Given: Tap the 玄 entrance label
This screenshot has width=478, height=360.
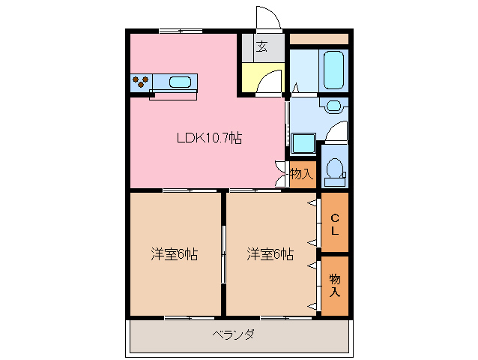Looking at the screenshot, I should [261, 46].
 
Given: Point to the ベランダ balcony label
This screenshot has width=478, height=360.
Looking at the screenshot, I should [232, 334].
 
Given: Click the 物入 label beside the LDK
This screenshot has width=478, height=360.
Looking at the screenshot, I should [300, 174].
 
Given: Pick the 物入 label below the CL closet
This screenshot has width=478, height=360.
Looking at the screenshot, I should [335, 286].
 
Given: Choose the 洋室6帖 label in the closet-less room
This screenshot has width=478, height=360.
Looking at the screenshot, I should [174, 254].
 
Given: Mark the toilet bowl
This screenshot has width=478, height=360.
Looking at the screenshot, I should [335, 169].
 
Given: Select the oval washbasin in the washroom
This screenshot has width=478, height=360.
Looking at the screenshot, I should [334, 106].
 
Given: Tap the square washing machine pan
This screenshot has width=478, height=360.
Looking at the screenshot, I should [303, 143].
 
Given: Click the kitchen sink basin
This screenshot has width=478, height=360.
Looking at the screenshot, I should [181, 82].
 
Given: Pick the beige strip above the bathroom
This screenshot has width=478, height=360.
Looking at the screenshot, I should [318, 38].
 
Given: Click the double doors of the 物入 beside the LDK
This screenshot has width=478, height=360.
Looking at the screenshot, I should [282, 174].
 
